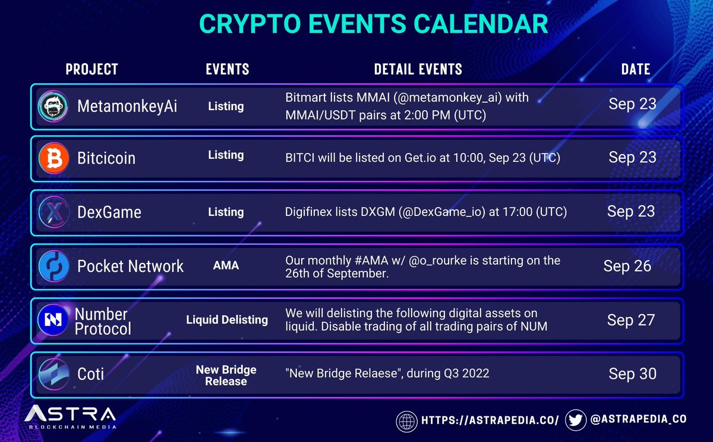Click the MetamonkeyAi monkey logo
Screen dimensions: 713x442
point(53,106)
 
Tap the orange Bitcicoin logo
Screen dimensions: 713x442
point(54,158)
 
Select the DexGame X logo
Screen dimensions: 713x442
point(54,212)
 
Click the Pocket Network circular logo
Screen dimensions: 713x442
point(54,266)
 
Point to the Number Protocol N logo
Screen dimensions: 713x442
point(53,319)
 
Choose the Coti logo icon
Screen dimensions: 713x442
point(54,374)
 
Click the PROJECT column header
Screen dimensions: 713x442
point(92,69)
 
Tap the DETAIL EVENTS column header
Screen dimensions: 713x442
point(418,69)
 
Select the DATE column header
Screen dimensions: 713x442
point(636,69)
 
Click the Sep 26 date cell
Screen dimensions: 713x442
point(627,266)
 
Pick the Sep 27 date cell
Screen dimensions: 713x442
point(631,320)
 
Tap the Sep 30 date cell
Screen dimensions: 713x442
point(632,374)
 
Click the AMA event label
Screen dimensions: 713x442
point(226,265)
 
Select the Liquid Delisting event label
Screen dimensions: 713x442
point(227,319)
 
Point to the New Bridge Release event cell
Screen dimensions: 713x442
point(226,375)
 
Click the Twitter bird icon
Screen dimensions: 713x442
point(576,421)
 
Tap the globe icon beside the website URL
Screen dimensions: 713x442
point(406,422)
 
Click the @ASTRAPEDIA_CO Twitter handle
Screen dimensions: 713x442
point(638,419)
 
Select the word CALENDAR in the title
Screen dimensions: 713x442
point(481,24)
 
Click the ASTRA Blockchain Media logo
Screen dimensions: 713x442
point(70,417)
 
